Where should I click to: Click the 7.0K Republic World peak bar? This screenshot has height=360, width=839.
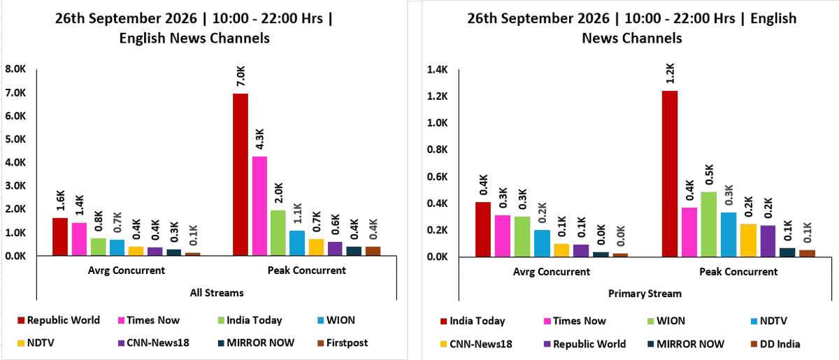click(x=241, y=175)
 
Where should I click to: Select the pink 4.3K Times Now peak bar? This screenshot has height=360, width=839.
click(x=259, y=206)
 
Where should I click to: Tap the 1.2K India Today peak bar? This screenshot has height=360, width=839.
click(x=670, y=174)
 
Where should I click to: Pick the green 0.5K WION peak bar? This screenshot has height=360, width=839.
click(x=709, y=224)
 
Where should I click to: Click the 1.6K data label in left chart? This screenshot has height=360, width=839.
click(x=61, y=201)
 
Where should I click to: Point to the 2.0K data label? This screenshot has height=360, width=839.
click(x=279, y=193)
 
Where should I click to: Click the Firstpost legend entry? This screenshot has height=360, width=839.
click(x=343, y=343)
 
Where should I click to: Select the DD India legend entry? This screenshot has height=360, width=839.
click(x=775, y=344)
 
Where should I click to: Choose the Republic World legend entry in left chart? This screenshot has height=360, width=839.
click(x=59, y=320)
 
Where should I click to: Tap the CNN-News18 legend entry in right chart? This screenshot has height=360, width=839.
click(x=476, y=344)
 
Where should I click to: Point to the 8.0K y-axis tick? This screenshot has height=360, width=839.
click(x=15, y=69)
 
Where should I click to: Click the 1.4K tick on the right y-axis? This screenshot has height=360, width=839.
click(x=438, y=69)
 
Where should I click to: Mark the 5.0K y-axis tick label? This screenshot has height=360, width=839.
click(x=15, y=139)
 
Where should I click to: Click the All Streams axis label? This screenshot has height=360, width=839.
click(x=217, y=293)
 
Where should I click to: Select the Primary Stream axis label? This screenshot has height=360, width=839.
click(x=645, y=294)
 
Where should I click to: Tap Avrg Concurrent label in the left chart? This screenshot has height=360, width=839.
click(x=127, y=271)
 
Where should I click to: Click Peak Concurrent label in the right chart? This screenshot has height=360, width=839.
click(x=738, y=272)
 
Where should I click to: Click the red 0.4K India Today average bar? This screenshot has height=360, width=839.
click(x=483, y=230)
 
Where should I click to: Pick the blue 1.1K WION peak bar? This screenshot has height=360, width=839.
click(x=297, y=243)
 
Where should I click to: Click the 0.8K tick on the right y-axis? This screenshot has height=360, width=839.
click(x=438, y=150)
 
